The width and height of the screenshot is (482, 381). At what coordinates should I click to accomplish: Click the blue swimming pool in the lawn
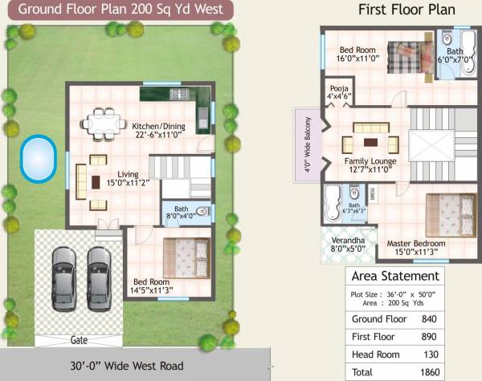pyautogui.click(x=38, y=158)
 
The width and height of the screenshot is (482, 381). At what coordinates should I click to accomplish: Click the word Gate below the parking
pyautogui.click(x=79, y=340)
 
